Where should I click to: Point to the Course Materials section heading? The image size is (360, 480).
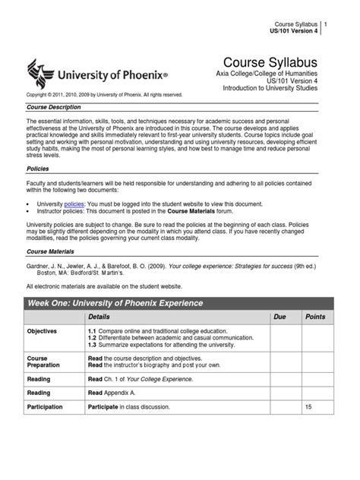pos(52,249)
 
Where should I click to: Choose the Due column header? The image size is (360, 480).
pos(279,316)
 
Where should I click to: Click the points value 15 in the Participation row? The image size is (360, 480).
pos(308,407)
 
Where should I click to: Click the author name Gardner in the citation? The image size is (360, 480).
pos(40,267)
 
